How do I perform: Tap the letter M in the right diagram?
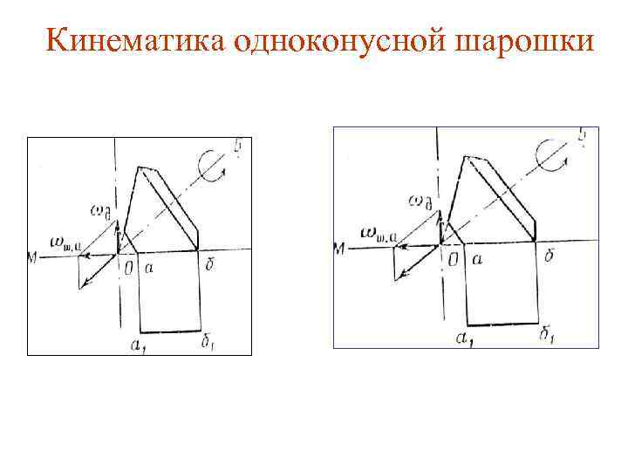click(341, 249)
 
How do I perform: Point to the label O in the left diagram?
click(128, 268)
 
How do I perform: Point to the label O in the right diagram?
click(452, 260)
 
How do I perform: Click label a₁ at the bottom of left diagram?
click(138, 345)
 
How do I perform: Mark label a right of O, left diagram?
click(149, 268)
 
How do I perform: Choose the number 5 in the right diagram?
click(582, 136)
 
